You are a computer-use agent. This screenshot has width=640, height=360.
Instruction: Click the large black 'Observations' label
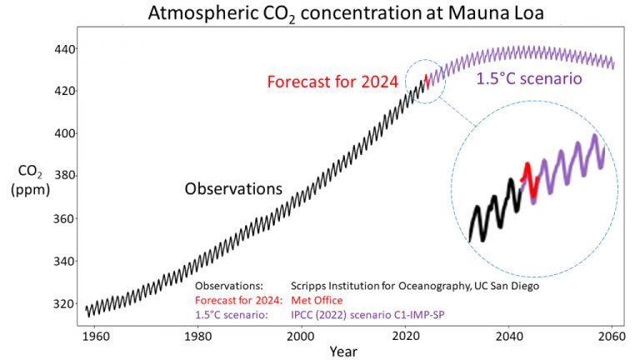point(233,189)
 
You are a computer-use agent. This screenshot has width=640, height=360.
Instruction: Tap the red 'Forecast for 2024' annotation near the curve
point(332,82)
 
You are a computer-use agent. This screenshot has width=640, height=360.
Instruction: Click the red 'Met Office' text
point(317,300)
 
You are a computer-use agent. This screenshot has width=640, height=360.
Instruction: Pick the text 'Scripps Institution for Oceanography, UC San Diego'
point(415,285)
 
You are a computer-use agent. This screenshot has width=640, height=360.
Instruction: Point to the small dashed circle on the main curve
point(425,81)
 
